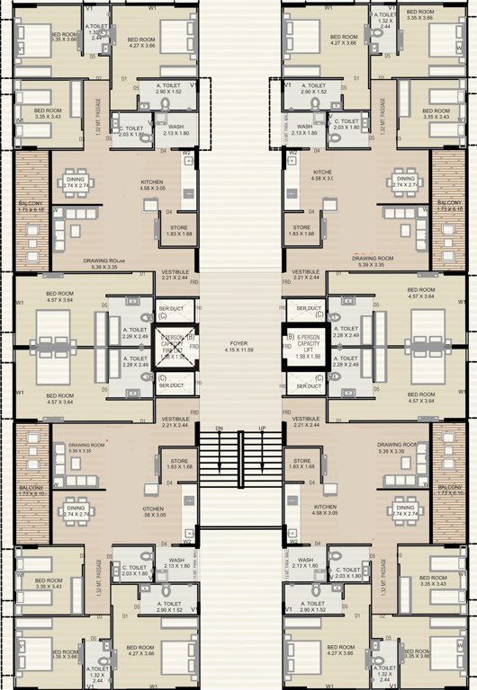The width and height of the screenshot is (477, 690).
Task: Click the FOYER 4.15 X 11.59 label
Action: (238, 345)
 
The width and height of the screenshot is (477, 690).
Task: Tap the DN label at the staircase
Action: (217, 429)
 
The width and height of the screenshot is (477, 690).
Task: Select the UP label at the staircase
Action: (262, 429)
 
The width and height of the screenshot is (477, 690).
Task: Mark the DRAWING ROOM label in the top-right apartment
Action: (376, 261)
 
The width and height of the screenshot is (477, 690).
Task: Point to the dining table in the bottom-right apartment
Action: (405, 510)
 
